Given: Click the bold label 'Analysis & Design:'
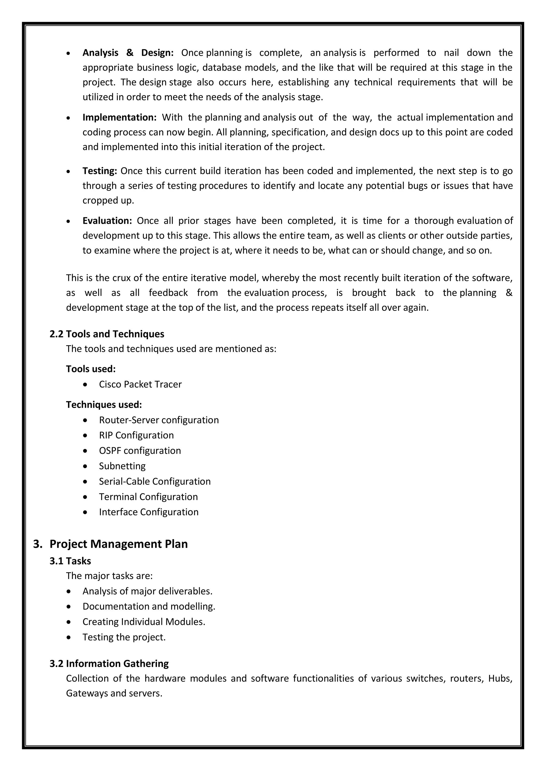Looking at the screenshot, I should (128, 53).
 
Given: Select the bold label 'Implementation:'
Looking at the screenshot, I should (119, 117).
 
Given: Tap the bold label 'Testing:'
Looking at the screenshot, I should (99, 171).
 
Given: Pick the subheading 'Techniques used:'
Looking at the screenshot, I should (104, 404).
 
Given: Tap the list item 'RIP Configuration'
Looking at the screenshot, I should (136, 435).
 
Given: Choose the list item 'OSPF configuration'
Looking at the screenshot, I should (140, 450).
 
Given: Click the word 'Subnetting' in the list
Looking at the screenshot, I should (122, 466).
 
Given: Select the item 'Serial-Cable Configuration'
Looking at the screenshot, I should (155, 481).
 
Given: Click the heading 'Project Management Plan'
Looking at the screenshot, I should (119, 544).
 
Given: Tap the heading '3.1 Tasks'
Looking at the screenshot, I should (70, 561).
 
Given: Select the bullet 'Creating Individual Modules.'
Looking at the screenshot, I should (144, 622).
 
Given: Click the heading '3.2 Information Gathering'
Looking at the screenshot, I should (109, 664).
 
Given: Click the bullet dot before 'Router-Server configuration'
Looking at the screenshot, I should (85, 420).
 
